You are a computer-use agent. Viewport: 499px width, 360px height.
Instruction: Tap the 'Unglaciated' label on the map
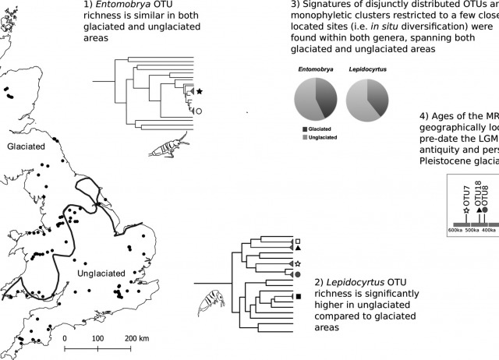(102, 274)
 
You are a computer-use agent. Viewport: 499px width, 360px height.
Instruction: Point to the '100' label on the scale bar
(97, 339)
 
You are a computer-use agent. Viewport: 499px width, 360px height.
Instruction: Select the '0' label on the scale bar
(65, 339)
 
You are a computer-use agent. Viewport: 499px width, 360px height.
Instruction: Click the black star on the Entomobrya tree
(200, 92)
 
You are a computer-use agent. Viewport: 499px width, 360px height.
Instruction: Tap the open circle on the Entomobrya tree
(199, 111)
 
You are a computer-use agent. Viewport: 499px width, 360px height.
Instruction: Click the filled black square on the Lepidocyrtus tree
(298, 296)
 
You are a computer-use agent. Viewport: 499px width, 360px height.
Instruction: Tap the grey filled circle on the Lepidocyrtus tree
(297, 274)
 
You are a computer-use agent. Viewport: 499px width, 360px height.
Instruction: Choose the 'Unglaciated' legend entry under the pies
(319, 136)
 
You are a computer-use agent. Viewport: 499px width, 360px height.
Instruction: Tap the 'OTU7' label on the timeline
(467, 197)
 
